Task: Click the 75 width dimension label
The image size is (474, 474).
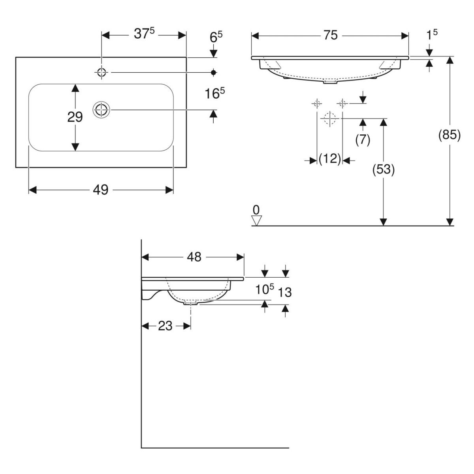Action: point(331,36)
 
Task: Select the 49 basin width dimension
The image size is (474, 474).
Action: point(101,190)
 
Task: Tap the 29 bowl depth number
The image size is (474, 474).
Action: point(75,117)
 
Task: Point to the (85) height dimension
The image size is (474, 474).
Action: point(450,135)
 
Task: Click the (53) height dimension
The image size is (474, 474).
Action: point(384,169)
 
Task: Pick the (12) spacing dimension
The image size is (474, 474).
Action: point(330,159)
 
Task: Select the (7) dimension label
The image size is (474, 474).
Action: point(363,140)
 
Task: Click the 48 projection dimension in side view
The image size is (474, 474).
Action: point(194,257)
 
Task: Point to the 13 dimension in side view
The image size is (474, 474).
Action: point(285,292)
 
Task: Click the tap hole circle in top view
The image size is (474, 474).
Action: point(102,72)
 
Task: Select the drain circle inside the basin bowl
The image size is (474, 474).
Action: point(102,109)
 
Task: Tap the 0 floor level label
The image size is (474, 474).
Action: point(257,209)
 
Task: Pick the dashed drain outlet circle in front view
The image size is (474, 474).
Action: point(329,118)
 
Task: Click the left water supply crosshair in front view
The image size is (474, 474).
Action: point(316,103)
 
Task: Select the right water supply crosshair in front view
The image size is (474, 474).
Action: point(342,103)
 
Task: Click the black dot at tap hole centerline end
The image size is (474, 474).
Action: point(214,72)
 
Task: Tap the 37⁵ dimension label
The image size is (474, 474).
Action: point(144,35)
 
